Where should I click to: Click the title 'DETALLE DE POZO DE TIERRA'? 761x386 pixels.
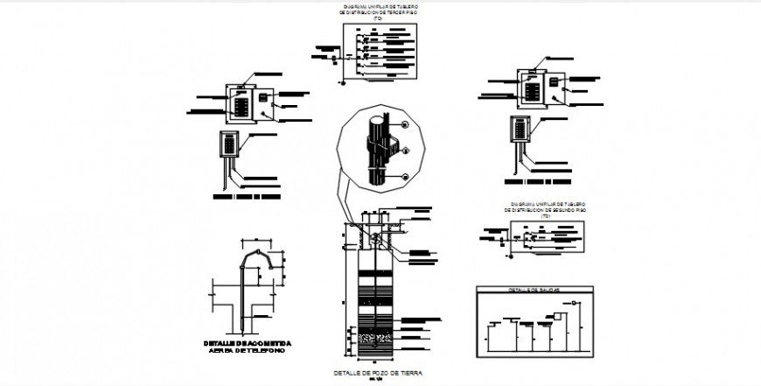(378, 373)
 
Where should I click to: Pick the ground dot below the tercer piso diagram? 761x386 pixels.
(344, 84)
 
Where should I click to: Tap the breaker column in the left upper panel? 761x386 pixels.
(241, 106)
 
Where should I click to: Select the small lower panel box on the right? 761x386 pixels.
(520, 129)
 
